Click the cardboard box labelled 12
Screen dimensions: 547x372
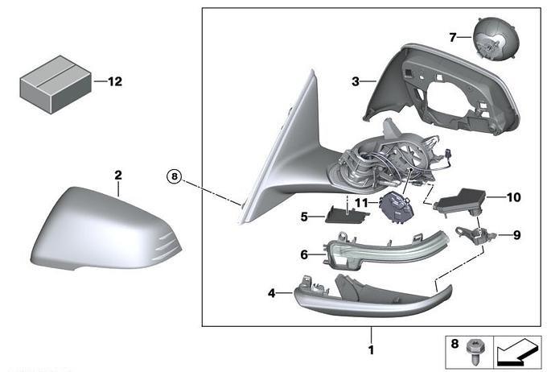[56, 85]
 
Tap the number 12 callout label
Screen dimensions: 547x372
[115, 81]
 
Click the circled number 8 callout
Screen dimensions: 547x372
[174, 177]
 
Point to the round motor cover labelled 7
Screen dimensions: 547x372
[496, 39]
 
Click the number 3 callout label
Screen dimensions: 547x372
[356, 81]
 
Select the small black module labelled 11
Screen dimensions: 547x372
[397, 208]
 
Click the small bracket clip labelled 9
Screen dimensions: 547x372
[476, 234]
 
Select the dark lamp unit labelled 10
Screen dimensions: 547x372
[460, 203]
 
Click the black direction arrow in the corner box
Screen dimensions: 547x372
[517, 353]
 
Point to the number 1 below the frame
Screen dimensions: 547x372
[371, 349]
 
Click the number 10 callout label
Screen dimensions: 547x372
[513, 197]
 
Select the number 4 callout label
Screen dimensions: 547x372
[272, 293]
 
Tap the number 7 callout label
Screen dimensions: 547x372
[453, 37]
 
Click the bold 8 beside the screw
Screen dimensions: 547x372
[454, 344]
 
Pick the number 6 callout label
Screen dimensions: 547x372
[304, 255]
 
